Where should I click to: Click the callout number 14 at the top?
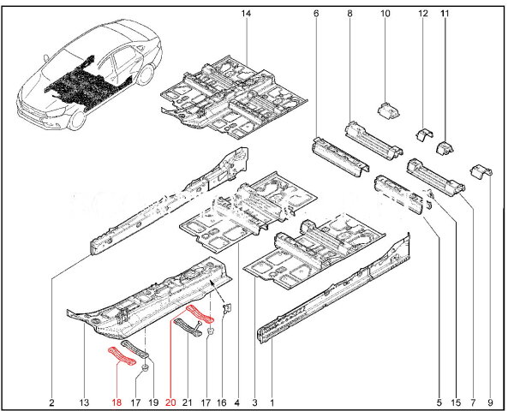click(x=246, y=15)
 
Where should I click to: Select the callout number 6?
click(x=315, y=15)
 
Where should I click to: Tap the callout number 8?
click(x=350, y=15)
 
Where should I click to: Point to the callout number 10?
click(x=385, y=15)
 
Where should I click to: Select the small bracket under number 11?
click(x=445, y=149)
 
